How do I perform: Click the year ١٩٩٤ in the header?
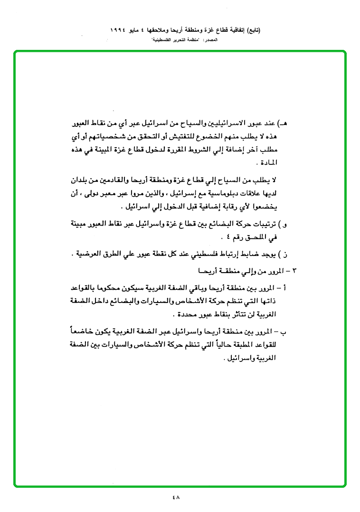tap(118, 30)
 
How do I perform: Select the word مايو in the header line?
tap(137, 30)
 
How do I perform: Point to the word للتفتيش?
tap(188, 137)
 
